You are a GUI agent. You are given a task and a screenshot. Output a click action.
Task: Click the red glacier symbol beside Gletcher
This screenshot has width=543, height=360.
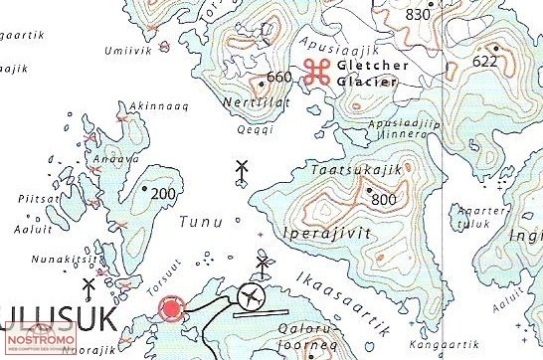pos(317,70)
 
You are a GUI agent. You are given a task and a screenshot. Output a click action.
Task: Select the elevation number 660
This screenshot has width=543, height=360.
pos(279,78)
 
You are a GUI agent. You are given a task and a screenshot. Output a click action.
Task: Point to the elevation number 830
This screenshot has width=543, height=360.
pos(420,14)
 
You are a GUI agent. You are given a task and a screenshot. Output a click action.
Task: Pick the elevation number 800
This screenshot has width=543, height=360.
pos(384,200)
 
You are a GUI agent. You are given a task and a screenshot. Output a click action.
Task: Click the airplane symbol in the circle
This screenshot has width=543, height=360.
pos(253,295)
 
